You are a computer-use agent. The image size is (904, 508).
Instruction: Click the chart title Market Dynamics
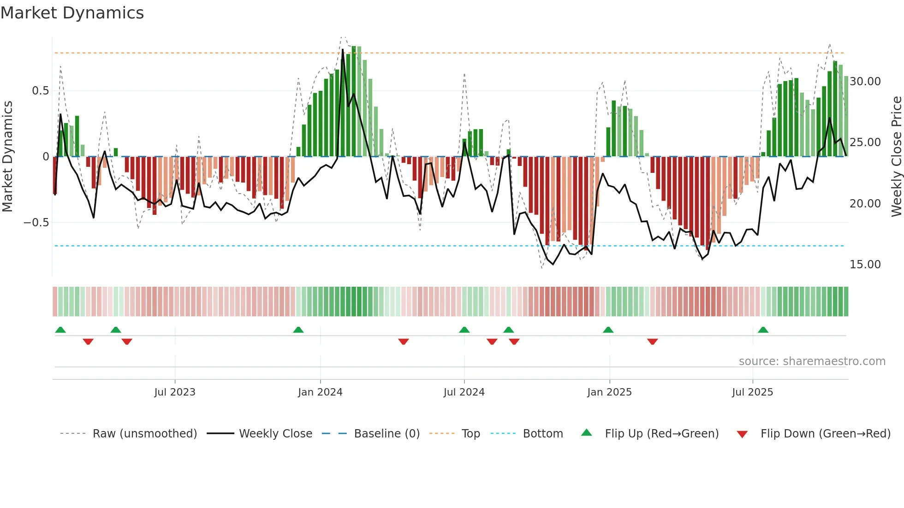tap(72, 13)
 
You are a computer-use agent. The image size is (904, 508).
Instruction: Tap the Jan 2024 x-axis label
tap(320, 392)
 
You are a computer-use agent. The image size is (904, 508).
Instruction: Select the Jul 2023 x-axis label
tap(175, 392)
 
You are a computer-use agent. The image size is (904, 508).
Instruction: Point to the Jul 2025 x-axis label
tap(752, 392)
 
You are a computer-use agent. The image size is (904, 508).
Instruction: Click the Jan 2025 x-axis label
tap(609, 392)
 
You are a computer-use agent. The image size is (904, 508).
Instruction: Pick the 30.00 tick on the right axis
tap(865, 82)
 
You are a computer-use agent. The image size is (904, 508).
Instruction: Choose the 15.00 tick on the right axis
tap(865, 265)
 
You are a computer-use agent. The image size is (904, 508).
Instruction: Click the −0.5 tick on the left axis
tap(36, 223)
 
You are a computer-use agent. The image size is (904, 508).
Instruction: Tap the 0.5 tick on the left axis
tap(40, 91)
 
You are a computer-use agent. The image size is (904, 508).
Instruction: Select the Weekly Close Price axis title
tap(896, 157)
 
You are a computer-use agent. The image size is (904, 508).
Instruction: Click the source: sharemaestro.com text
tap(812, 361)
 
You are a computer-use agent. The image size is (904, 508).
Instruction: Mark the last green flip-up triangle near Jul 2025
tap(763, 330)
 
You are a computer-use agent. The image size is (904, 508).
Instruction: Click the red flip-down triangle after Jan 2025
tap(652, 342)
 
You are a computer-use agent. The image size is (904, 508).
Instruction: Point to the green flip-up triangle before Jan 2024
tap(298, 330)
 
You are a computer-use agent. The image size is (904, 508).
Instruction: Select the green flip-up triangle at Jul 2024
tap(464, 330)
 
